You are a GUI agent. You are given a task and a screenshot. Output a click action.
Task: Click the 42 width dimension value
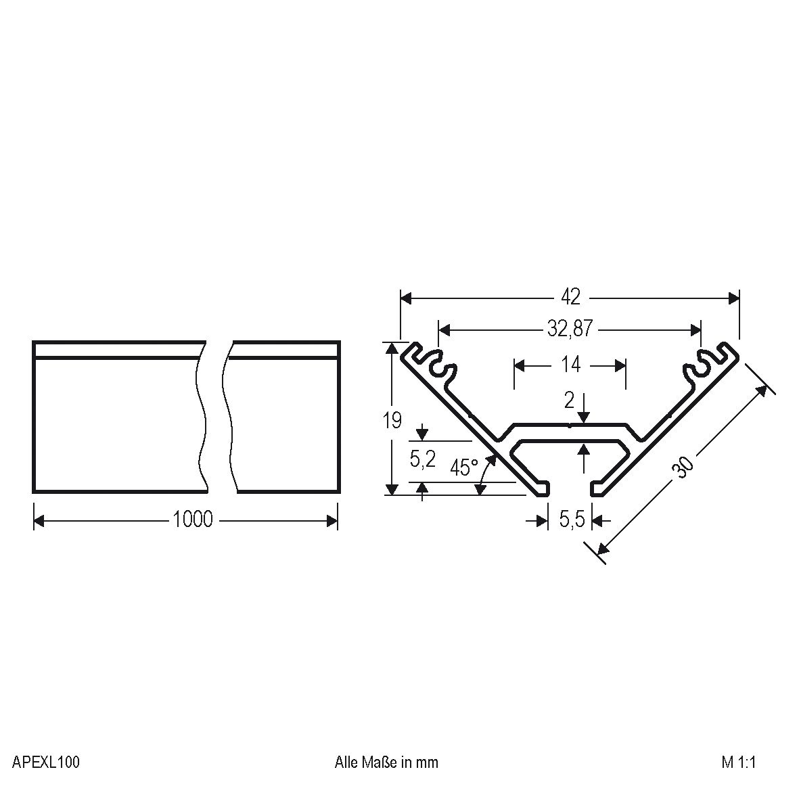point(570,297)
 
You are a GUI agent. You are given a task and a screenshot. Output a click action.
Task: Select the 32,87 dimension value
point(570,329)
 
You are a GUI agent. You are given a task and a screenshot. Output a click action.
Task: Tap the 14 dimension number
point(570,365)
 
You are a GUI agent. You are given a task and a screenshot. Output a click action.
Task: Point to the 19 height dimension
point(392,420)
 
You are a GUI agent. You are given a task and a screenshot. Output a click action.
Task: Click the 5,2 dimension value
point(422,459)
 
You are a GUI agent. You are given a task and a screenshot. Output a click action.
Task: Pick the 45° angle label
point(463,467)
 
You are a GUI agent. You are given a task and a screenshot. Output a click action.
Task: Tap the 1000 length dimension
point(193,520)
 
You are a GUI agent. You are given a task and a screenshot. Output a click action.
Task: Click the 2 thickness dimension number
point(569,401)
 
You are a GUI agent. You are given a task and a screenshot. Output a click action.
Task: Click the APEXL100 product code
point(46,762)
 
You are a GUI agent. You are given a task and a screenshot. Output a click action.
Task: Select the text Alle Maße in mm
point(386,762)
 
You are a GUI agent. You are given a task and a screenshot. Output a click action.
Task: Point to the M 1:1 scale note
point(738,762)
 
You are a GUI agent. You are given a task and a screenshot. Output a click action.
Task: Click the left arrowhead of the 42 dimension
point(407,298)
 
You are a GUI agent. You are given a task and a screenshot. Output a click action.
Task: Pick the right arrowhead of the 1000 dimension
point(332,520)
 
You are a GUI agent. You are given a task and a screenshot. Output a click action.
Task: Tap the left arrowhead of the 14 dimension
point(520,365)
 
